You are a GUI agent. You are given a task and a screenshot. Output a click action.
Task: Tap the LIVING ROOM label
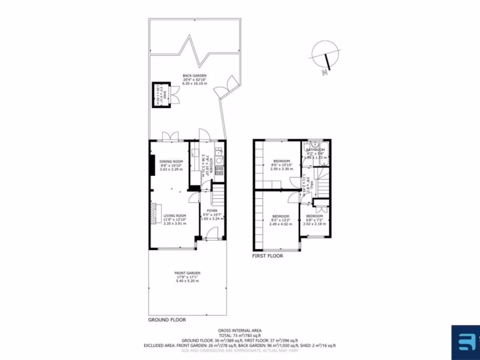coord(174,216)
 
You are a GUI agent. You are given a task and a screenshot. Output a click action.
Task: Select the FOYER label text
coord(212,211)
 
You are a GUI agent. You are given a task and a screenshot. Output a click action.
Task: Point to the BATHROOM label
coord(315,150)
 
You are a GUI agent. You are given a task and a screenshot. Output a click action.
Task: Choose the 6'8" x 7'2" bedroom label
coord(315,216)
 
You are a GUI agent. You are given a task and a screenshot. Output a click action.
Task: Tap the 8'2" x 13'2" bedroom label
coord(280,216)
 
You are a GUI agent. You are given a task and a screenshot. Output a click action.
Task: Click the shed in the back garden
coord(159,95)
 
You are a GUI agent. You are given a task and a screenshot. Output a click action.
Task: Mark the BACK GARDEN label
coord(195,76)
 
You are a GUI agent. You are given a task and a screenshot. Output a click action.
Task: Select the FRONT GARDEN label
coord(187,273)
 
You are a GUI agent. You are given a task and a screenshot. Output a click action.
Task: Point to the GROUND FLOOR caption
coord(167,320)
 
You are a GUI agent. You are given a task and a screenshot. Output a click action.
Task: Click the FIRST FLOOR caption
coord(268,256)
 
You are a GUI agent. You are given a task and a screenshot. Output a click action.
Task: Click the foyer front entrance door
coord(212,233)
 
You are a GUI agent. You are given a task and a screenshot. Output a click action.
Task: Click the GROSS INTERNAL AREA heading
coord(240,330)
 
